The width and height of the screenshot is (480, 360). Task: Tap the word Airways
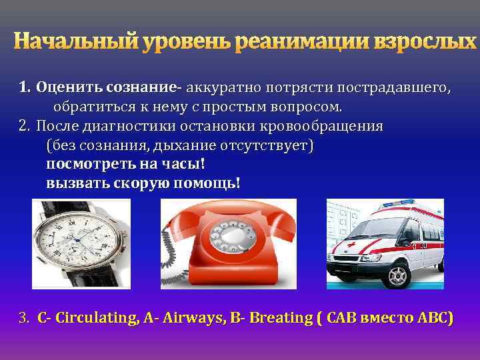[x=189, y=318]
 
